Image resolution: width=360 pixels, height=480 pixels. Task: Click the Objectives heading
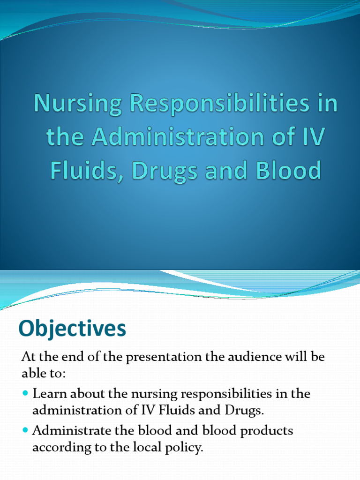72,329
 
